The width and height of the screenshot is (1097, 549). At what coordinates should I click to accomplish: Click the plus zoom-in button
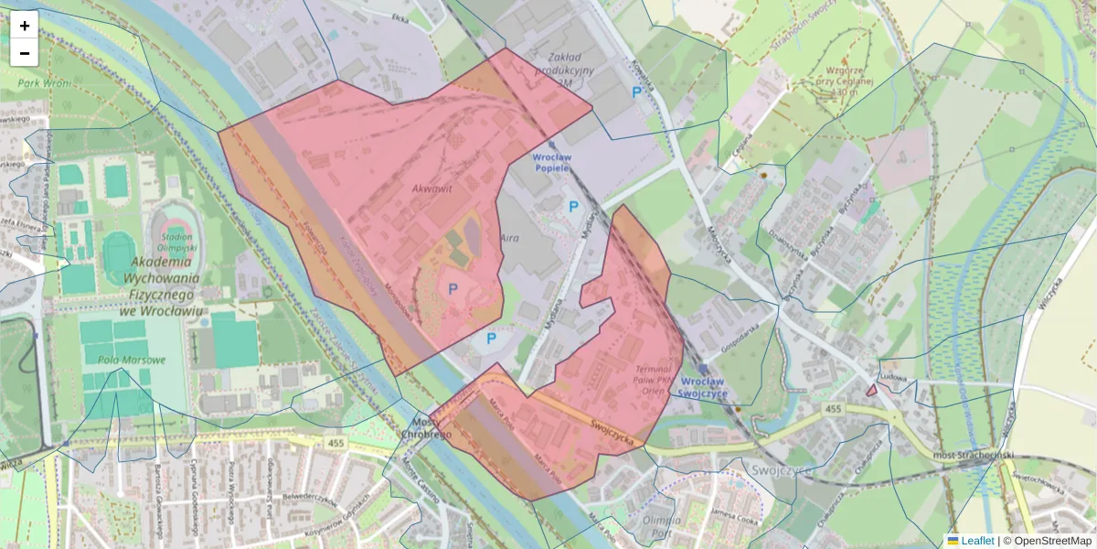25,26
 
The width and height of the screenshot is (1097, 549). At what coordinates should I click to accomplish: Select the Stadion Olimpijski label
175,242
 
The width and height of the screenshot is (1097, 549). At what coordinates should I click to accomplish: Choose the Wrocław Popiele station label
551,162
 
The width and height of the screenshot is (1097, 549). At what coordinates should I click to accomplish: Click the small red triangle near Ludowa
871,390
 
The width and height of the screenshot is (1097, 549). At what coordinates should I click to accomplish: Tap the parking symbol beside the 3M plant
636,91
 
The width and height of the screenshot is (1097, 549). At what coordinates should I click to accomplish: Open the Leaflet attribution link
976,541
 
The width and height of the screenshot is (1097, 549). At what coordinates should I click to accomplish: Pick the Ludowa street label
891,377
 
